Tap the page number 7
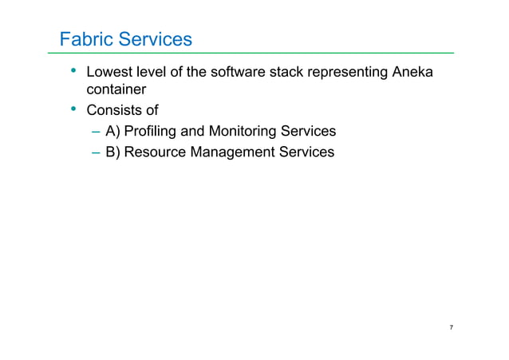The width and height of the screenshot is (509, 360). click(452, 328)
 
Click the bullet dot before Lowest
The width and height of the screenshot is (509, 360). click(73, 73)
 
